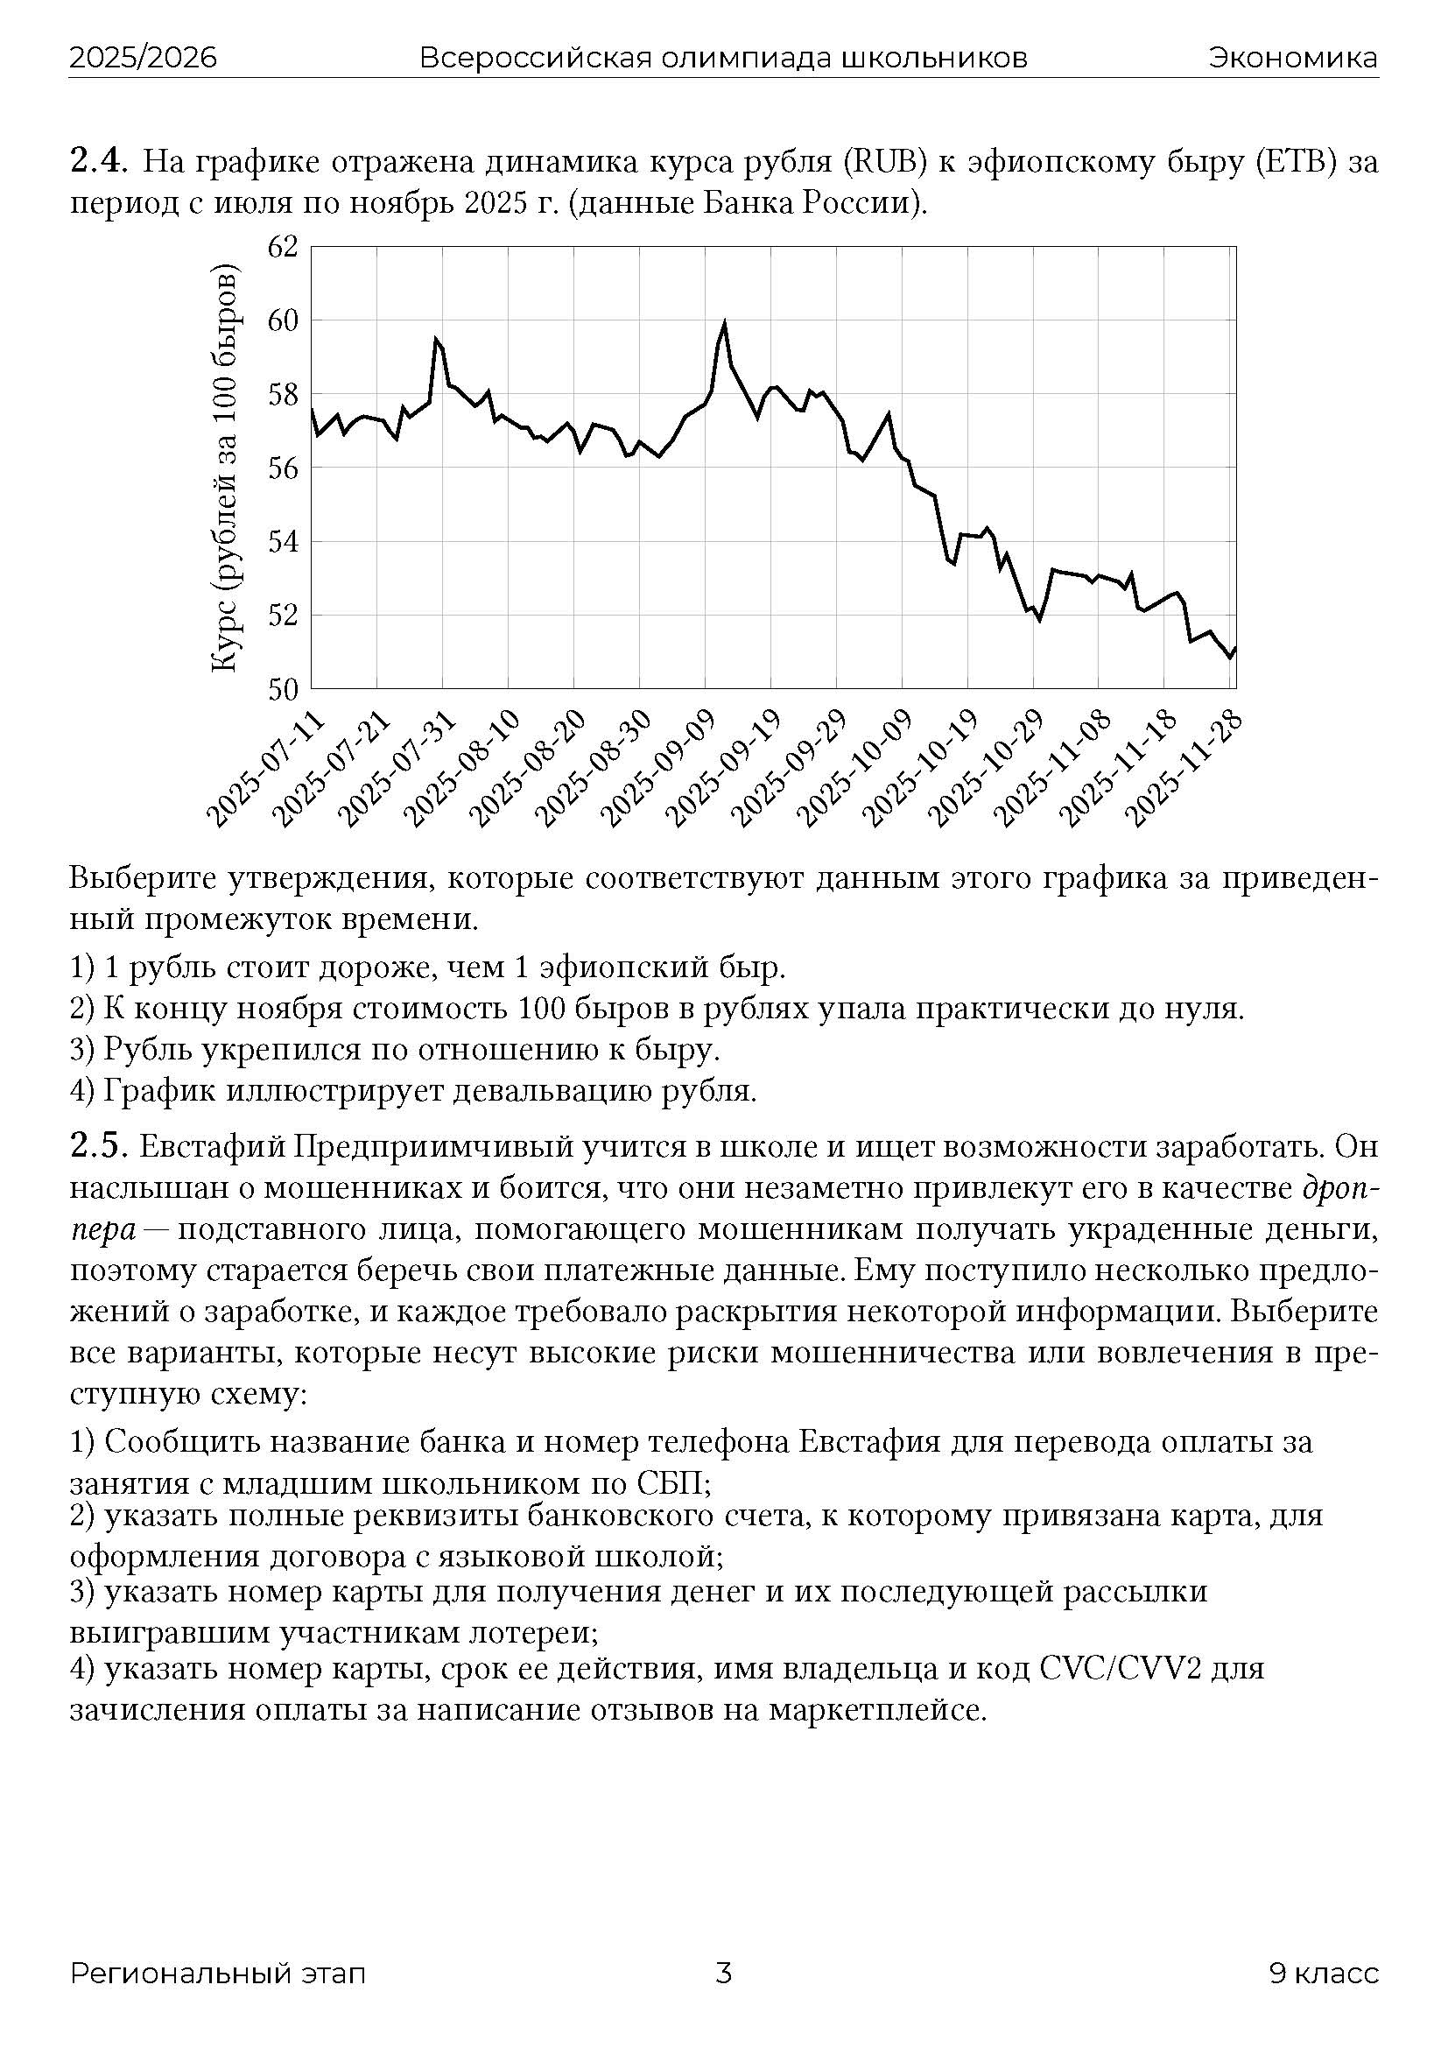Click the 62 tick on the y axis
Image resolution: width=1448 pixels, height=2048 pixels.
pyautogui.click(x=282, y=247)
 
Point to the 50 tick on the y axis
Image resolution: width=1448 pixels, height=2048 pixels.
pyautogui.click(x=282, y=688)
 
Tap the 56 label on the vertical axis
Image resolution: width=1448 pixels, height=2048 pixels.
pyautogui.click(x=282, y=468)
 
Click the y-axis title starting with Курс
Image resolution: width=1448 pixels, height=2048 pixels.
pyautogui.click(x=225, y=468)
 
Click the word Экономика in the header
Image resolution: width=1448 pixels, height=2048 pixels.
pyautogui.click(x=1293, y=59)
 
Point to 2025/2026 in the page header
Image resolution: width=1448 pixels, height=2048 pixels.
pyautogui.click(x=144, y=59)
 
